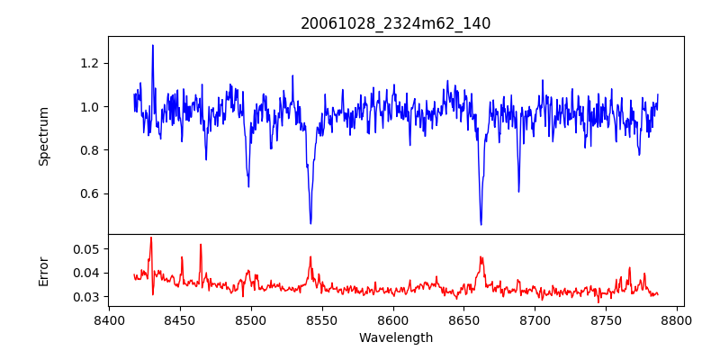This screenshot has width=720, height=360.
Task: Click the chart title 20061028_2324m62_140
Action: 395,23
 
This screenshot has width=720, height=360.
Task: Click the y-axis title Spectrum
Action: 43,136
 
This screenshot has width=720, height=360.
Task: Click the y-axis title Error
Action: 43,271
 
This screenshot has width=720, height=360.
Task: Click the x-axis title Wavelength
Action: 395,338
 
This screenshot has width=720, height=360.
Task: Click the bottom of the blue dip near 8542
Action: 310,223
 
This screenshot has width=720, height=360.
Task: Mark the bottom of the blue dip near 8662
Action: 481,224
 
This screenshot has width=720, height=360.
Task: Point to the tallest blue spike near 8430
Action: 153,45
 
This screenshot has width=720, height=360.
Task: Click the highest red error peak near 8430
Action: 151,238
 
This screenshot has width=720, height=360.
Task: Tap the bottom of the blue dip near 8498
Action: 248,186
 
